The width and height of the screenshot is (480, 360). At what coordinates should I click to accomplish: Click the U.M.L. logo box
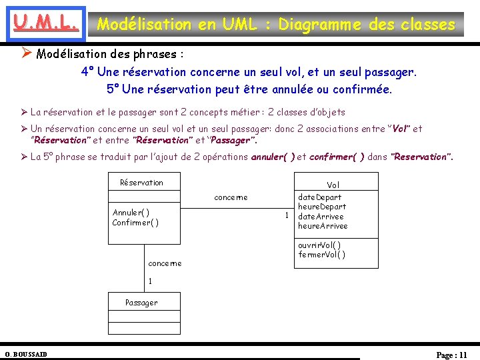pyautogui.click(x=43, y=25)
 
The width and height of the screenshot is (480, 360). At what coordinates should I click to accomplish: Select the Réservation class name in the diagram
pyautogui.click(x=141, y=182)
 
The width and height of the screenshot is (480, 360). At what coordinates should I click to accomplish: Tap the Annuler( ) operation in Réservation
pyautogui.click(x=131, y=213)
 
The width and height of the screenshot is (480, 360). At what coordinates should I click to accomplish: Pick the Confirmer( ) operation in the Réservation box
pyautogui.click(x=135, y=222)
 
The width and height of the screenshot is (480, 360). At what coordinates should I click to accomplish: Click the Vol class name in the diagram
pyautogui.click(x=333, y=185)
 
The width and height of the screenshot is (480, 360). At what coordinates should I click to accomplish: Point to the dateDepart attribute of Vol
pyautogui.click(x=319, y=197)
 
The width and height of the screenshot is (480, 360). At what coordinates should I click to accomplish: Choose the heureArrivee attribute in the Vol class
pyautogui.click(x=323, y=226)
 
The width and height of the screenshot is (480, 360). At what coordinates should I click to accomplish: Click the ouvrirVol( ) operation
pyautogui.click(x=319, y=245)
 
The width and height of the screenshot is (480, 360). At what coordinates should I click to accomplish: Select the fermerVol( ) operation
pyautogui.click(x=321, y=255)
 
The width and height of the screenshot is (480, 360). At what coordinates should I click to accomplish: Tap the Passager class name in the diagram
pyautogui.click(x=141, y=302)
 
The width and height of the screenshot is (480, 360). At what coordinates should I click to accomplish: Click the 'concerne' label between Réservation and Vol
pyautogui.click(x=231, y=197)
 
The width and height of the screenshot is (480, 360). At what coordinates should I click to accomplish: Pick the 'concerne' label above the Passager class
pyautogui.click(x=165, y=263)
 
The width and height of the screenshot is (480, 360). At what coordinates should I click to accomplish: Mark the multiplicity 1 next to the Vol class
pyautogui.click(x=286, y=215)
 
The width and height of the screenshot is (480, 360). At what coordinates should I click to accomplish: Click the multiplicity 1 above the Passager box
pyautogui.click(x=151, y=281)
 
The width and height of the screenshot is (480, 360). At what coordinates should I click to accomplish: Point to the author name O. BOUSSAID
pyautogui.click(x=26, y=354)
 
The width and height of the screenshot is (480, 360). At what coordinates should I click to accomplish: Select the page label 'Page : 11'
pyautogui.click(x=451, y=355)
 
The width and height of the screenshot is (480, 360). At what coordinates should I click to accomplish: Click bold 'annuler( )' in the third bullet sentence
pyautogui.click(x=272, y=157)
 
